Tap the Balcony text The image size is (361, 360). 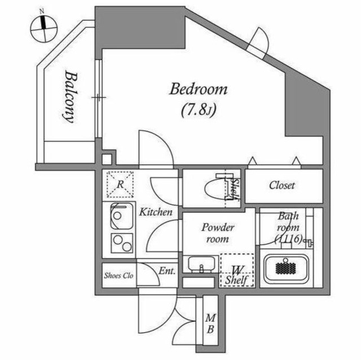70,97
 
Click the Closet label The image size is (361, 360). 282,185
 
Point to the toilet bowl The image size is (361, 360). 215,189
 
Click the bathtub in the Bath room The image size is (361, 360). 286,269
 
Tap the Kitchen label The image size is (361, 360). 156,212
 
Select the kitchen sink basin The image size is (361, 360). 122,216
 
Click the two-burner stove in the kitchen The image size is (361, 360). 122,243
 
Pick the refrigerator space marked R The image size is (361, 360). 120,185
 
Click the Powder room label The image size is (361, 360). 218,233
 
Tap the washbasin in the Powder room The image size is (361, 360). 202,264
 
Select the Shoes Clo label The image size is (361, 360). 118,275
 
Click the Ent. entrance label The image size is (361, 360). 167,271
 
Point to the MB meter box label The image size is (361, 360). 210,324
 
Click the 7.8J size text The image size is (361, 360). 199,110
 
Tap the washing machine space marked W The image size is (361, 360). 237,270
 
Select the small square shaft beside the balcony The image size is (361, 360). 107,159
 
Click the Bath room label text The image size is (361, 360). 288,228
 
